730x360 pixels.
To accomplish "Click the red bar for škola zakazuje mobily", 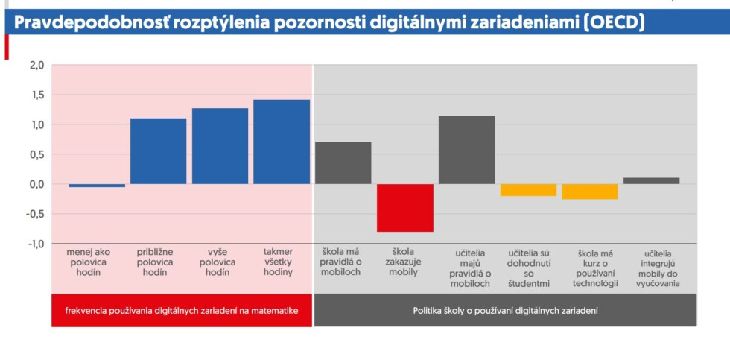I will click(405, 207).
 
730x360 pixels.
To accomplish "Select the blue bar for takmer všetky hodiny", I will click(282, 142).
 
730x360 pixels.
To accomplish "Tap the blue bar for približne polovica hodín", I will click(158, 151).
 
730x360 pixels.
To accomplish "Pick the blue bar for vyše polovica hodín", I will click(220, 146).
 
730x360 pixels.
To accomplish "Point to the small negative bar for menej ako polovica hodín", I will click(97, 186).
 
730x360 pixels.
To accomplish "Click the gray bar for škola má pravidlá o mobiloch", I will click(343, 162).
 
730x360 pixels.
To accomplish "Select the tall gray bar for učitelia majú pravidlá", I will click(466, 150).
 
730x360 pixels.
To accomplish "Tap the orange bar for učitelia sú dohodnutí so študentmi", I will click(528, 190).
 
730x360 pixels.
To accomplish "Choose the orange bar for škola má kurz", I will click(590, 192).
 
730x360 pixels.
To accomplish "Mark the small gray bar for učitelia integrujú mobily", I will click(651, 180).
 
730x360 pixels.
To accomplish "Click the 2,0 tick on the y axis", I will click(36, 66).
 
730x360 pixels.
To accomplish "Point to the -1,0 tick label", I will click(35, 244).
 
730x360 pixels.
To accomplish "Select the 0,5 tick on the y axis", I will click(36, 154).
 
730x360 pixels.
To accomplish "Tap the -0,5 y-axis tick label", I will click(35, 214).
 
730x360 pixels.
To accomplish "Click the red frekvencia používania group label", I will click(182, 310).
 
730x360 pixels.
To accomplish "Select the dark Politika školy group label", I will click(506, 310).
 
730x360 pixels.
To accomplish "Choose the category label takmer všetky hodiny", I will click(278, 262).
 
